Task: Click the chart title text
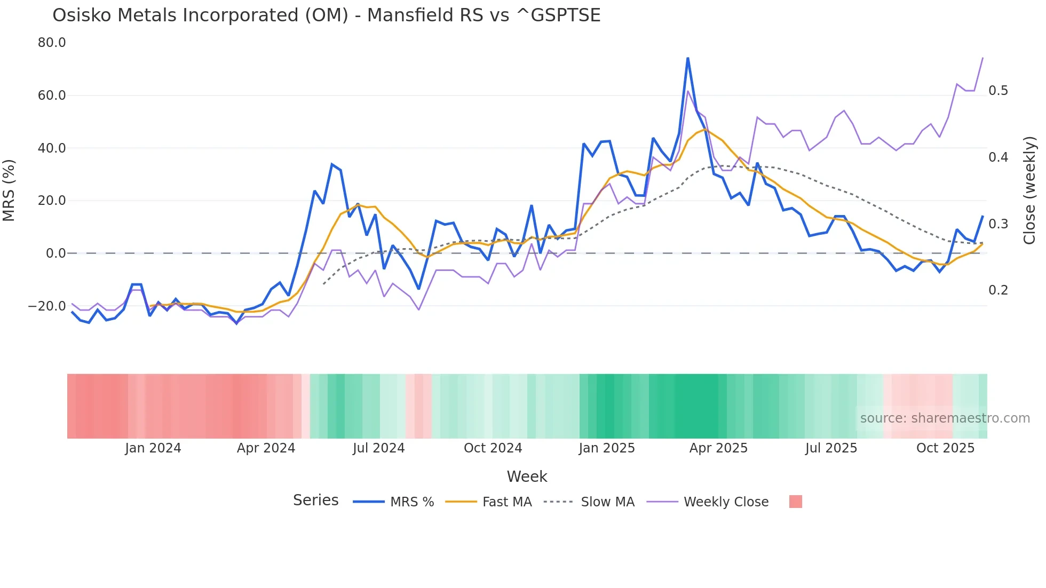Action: tap(326, 15)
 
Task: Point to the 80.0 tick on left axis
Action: tap(52, 43)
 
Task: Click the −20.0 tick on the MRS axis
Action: tap(47, 306)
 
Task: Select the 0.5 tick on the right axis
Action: tap(998, 91)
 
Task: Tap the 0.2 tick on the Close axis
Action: tap(998, 290)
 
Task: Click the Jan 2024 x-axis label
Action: tap(153, 448)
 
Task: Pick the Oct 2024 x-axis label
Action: tap(493, 448)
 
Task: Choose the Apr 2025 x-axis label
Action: tap(718, 448)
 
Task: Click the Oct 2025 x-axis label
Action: tap(945, 448)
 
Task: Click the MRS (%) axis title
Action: tap(9, 190)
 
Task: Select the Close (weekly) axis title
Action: tap(1029, 190)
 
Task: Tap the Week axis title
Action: tap(527, 476)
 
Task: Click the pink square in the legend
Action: tap(795, 502)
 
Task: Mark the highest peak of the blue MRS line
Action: tap(688, 58)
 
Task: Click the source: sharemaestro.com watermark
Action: tap(945, 418)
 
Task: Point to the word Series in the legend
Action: tap(315, 500)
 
